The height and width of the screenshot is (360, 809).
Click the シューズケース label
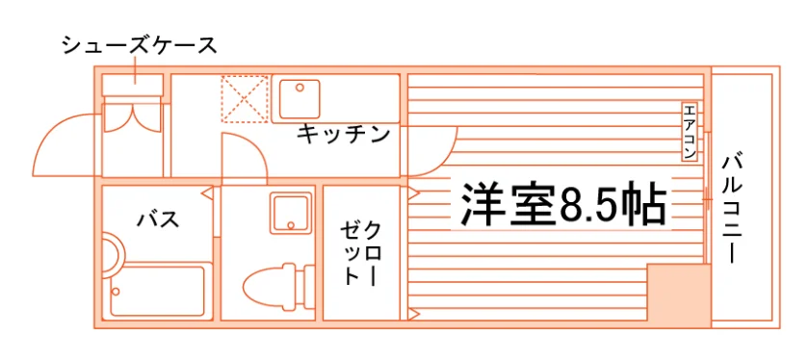tap(140, 46)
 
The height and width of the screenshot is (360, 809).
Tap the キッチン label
tap(343, 135)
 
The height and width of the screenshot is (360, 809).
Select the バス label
tap(158, 219)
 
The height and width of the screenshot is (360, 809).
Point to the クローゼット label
tap(360, 253)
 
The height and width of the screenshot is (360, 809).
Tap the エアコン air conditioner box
tap(690, 132)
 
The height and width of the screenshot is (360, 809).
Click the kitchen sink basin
tap(300, 99)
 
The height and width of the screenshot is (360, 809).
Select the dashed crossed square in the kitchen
tap(245, 99)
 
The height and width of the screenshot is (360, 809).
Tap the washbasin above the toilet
tap(291, 213)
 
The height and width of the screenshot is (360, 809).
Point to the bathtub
tap(158, 291)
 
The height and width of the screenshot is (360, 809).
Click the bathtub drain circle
tap(117, 292)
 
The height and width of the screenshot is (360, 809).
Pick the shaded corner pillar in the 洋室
tap(679, 293)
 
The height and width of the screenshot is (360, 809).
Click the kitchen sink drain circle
tap(300, 88)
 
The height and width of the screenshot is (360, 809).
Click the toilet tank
tap(308, 288)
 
